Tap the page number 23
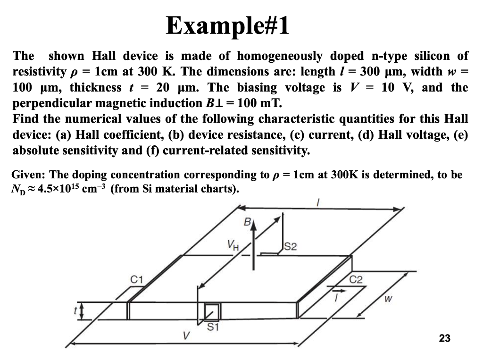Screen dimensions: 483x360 coord(444,338)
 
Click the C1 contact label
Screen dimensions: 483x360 coord(136,279)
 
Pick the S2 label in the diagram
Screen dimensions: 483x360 coord(291,246)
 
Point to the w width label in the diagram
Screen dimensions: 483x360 coord(388,299)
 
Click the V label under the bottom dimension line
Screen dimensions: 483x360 coord(187,336)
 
